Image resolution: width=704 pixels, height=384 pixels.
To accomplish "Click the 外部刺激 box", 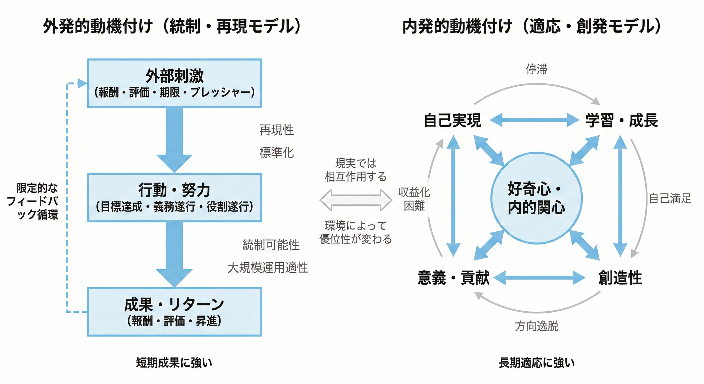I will [x=174, y=83].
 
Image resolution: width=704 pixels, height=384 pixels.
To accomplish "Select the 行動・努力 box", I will [x=174, y=197].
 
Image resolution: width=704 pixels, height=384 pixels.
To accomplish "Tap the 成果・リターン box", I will [x=174, y=311].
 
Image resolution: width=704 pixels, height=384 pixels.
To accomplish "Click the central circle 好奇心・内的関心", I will [x=536, y=198].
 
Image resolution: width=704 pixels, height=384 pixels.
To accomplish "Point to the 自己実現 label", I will [x=452, y=120].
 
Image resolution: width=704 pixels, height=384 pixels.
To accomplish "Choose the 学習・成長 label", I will [x=621, y=120].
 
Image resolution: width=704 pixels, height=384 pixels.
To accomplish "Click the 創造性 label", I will [x=620, y=278].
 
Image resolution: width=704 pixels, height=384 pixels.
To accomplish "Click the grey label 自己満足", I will [x=670, y=198].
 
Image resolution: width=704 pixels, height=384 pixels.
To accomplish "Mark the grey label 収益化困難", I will [x=414, y=199].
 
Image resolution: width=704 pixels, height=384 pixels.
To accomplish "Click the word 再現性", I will [x=276, y=130].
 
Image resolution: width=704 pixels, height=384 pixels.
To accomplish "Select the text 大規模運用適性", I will [x=267, y=267].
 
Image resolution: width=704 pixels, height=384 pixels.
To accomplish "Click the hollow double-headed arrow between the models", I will [x=356, y=200].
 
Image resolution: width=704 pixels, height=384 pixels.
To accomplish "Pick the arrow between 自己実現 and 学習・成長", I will [x=534, y=120].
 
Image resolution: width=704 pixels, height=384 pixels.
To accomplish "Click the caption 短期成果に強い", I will [x=174, y=363].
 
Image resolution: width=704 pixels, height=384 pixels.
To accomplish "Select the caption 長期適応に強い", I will [x=537, y=363].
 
